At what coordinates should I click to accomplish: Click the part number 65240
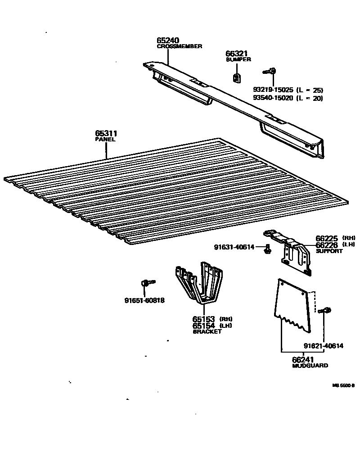point(168,41)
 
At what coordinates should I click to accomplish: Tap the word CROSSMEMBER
point(179,46)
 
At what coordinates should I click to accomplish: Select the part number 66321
point(236,54)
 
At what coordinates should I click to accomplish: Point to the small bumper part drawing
point(237,77)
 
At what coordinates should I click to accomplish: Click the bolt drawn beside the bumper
point(270,71)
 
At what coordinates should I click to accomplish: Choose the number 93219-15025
point(273,90)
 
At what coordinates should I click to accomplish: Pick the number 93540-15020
point(273,98)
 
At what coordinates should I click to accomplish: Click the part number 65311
point(106,134)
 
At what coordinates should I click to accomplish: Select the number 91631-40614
point(234,247)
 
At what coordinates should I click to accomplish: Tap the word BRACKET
point(207,331)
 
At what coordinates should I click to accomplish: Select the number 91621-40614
point(323,346)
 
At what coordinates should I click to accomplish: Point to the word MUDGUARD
point(310,366)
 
